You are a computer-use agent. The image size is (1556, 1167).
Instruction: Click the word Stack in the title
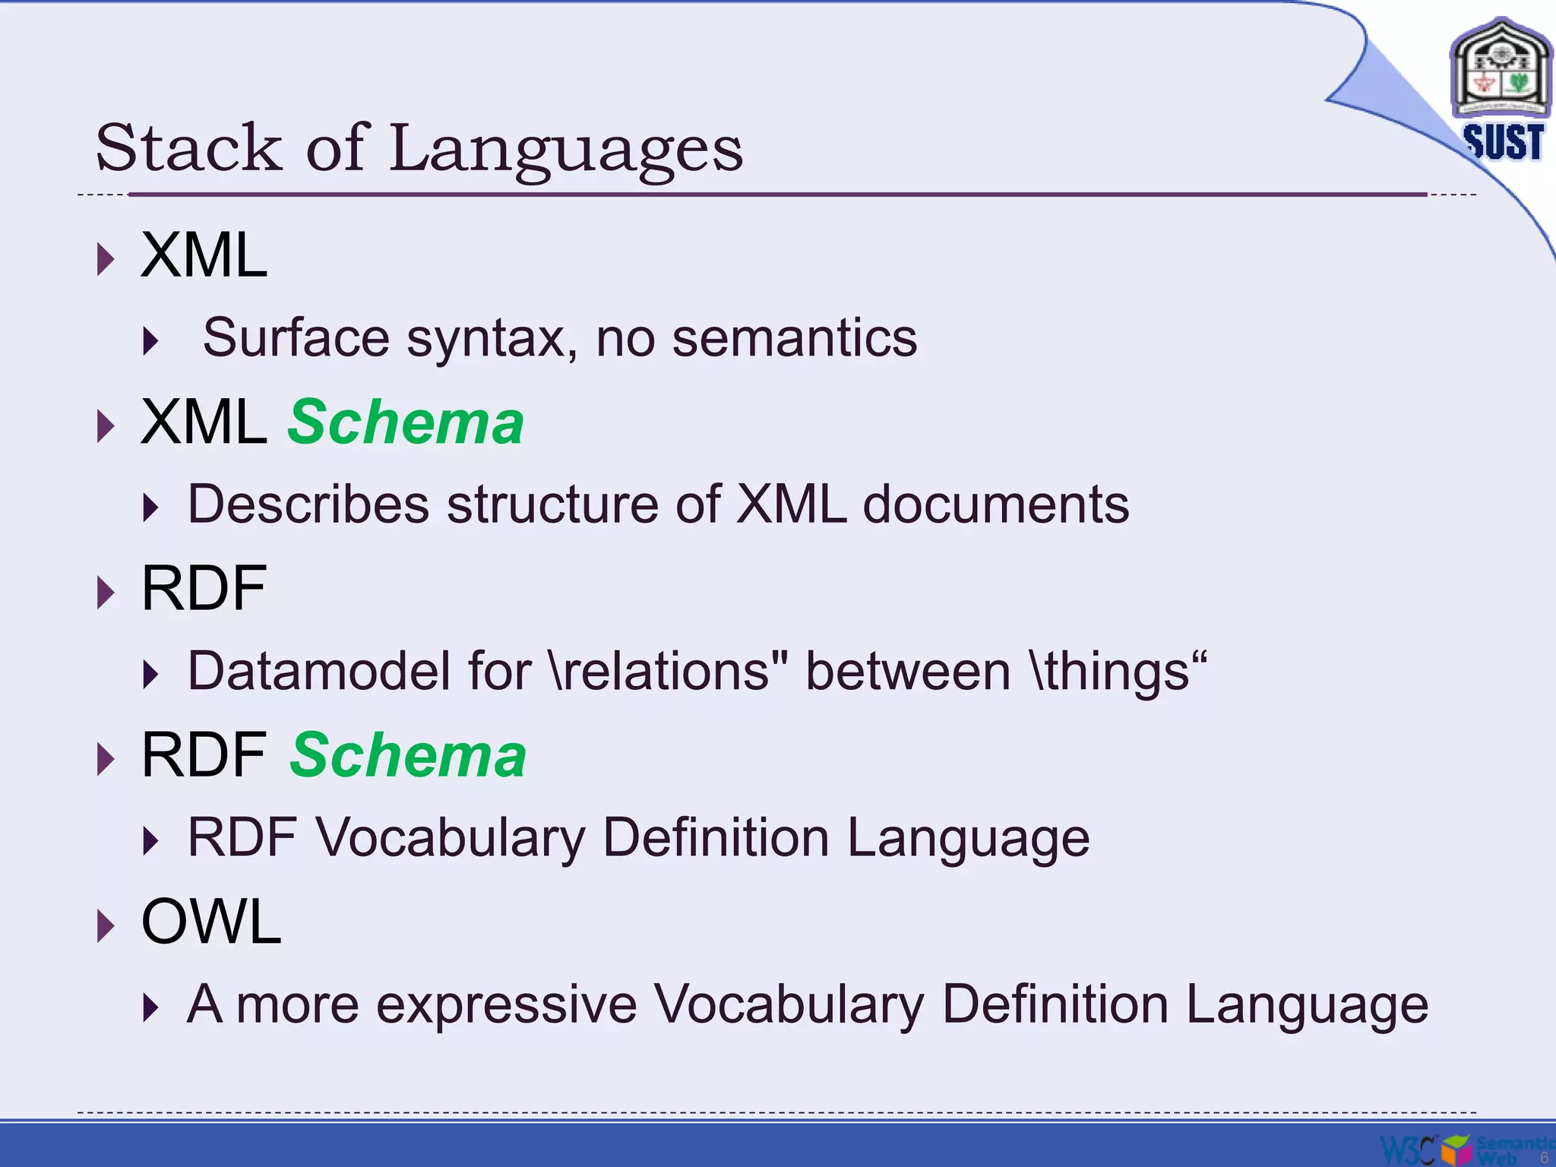click(188, 147)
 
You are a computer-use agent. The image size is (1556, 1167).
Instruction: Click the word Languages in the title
click(565, 149)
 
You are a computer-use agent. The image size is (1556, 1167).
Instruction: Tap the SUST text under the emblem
click(1503, 142)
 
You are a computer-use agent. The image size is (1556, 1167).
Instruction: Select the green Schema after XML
click(406, 422)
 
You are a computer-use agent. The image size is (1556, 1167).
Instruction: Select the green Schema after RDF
click(408, 755)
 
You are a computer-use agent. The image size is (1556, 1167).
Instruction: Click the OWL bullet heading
click(211, 922)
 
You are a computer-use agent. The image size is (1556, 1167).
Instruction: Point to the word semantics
click(795, 337)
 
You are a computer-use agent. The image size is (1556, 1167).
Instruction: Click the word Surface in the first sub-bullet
click(296, 337)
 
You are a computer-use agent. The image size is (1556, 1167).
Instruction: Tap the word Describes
click(308, 504)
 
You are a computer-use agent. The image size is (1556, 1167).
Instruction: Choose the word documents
click(995, 504)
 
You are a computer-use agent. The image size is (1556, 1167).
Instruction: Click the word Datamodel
click(318, 671)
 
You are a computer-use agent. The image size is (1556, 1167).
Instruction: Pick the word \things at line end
click(1117, 671)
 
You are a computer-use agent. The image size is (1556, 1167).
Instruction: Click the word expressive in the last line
click(507, 1004)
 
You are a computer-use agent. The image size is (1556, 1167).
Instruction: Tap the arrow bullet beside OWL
click(106, 926)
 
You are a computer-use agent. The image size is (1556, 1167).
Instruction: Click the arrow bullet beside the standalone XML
click(106, 260)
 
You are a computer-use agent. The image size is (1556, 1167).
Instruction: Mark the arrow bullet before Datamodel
click(151, 675)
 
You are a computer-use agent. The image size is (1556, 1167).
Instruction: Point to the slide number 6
click(1544, 1157)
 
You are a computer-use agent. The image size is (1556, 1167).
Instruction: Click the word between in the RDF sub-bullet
click(907, 671)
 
